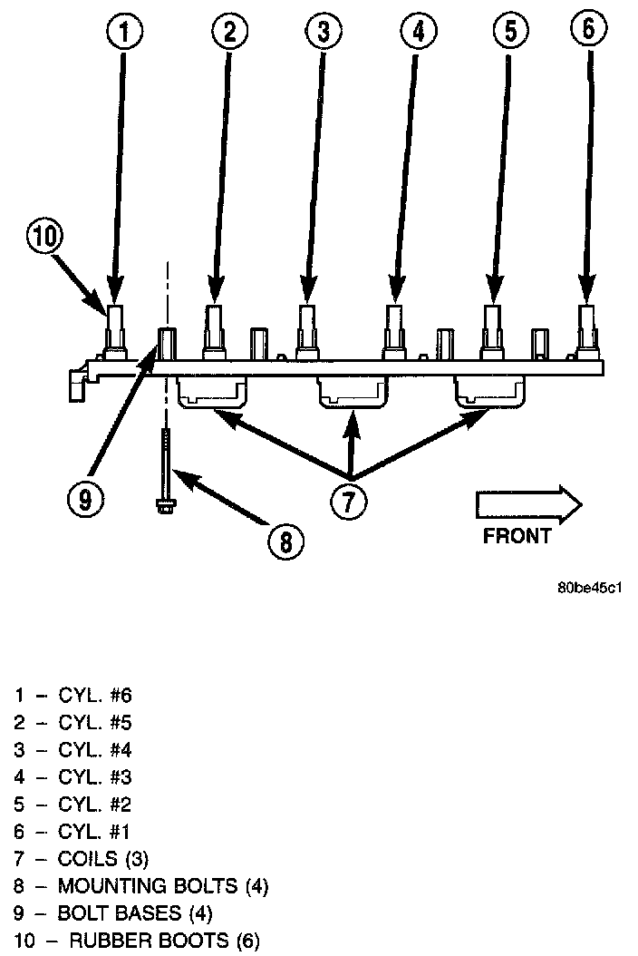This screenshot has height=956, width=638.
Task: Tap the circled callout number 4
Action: pos(418,32)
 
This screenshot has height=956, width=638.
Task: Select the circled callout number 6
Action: pos(589,28)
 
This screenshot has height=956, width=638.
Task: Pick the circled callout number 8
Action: pos(285,541)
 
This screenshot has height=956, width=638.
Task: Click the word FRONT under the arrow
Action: pos(517,536)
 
